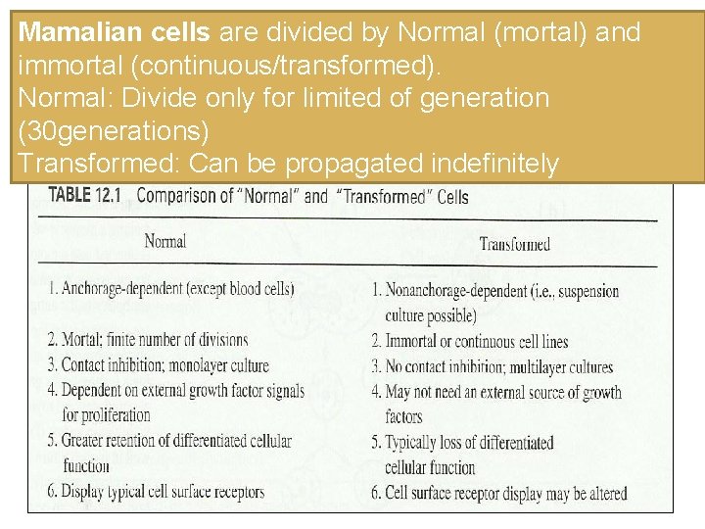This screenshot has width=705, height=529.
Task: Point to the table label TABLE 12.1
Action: [84, 195]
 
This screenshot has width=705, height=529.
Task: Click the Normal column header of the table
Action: [164, 241]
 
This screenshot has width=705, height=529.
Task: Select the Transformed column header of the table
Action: [514, 244]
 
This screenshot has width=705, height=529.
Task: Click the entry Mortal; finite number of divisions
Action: [148, 340]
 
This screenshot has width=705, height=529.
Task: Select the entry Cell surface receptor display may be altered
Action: [498, 493]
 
